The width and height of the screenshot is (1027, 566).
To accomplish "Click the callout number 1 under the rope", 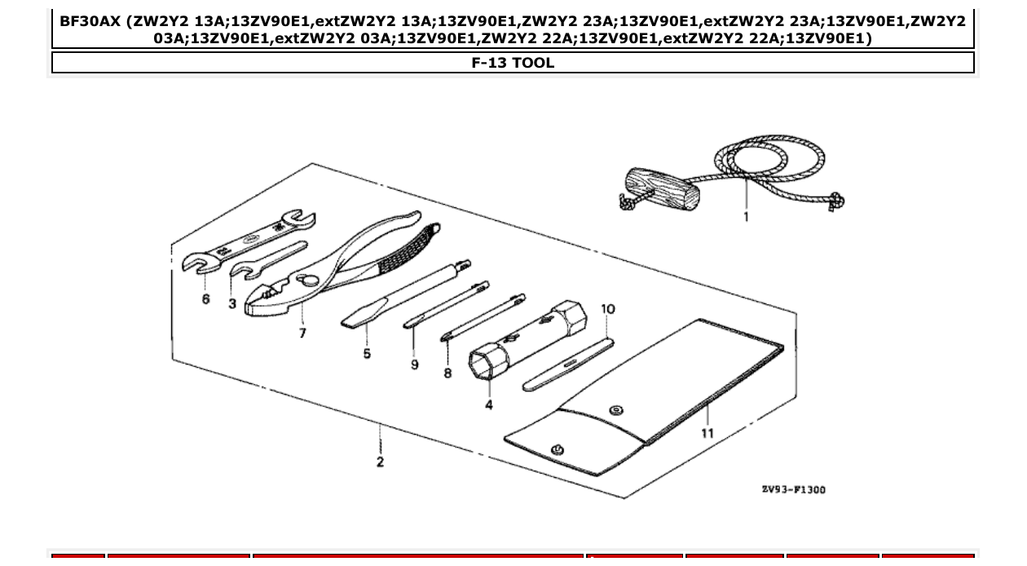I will pos(746,217).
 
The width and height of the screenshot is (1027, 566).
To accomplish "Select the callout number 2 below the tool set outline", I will pos(380,462).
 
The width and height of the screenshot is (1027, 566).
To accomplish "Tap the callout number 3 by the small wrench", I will pos(232,303).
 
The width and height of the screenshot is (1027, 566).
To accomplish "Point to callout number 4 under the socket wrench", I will pos(489,405).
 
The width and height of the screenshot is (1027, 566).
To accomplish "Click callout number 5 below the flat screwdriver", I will pos(367,353).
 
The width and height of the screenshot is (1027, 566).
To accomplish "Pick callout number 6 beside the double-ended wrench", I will pos(205,299).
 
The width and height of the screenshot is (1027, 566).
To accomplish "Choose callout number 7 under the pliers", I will pos(302,333).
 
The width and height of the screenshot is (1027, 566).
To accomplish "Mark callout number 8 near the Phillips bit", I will pos(447,373).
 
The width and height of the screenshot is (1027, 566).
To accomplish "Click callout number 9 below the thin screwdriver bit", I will pos(415,365).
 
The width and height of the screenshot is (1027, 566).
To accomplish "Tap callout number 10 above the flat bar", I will pos(608,309).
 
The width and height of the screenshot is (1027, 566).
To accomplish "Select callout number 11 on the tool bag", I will pos(707,433).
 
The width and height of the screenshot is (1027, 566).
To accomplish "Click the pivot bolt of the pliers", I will pos(310,281).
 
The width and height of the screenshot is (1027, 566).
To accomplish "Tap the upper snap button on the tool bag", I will pos(617,410).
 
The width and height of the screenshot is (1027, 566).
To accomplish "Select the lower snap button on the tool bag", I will pos(558,449).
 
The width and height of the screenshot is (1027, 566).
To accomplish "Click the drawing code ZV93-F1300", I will pos(793,489).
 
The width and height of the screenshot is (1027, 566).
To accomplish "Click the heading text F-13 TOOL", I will pos(513,63).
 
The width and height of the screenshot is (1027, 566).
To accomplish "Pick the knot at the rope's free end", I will pos(836,199).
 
